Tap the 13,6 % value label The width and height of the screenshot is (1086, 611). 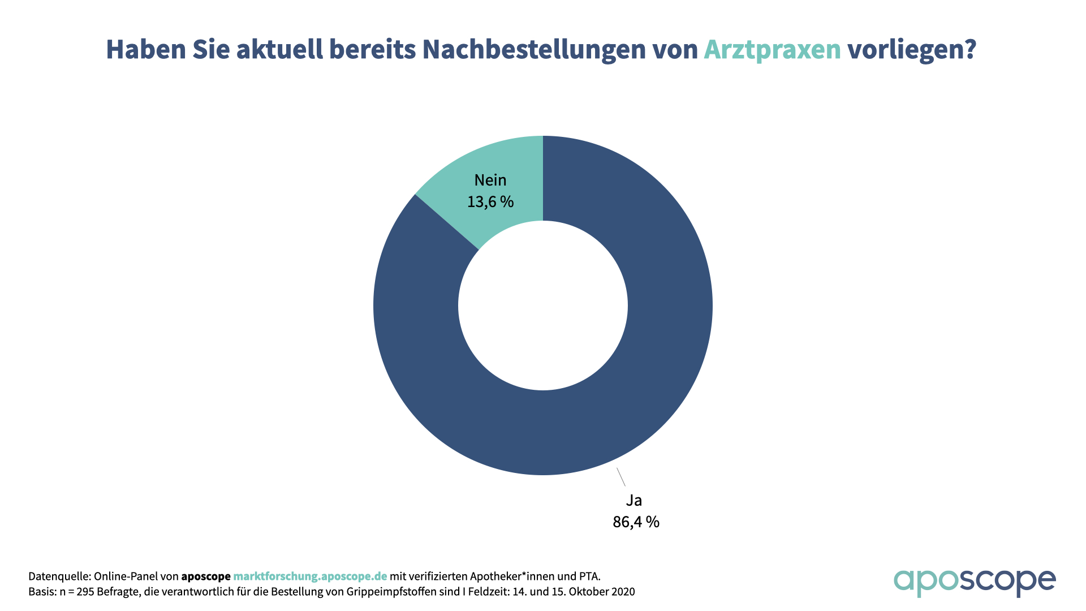click(x=490, y=202)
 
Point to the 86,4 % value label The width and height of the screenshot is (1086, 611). click(x=636, y=522)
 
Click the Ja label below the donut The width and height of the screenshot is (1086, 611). click(x=633, y=500)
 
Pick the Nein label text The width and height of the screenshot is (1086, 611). click(x=490, y=180)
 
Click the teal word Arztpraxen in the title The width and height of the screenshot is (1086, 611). click(x=772, y=49)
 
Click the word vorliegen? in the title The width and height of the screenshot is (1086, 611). click(x=911, y=49)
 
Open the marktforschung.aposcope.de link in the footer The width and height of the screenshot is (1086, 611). click(x=310, y=576)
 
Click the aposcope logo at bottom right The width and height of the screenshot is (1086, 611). click(x=974, y=582)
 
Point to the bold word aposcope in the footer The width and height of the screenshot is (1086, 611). click(x=206, y=576)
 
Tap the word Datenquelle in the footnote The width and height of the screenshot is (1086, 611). click(x=59, y=576)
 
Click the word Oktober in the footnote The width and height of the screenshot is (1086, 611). click(x=589, y=592)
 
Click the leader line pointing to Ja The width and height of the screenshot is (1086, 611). click(x=621, y=477)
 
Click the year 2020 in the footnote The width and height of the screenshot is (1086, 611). click(x=622, y=592)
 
